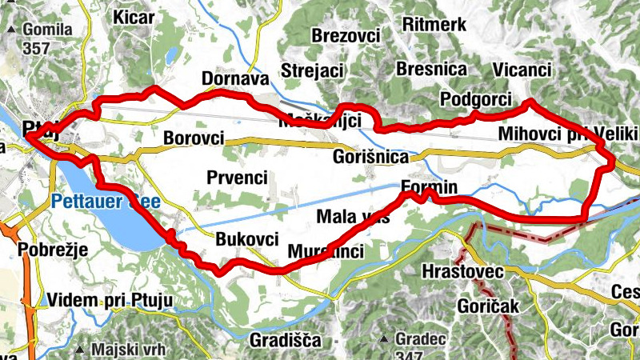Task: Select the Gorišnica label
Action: click(370, 157)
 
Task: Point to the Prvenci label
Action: click(236, 177)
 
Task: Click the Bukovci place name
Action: click(247, 238)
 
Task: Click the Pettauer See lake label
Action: click(106, 201)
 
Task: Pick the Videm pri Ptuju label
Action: click(110, 300)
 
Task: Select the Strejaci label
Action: click(310, 70)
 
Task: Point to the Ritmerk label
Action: click(434, 24)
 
